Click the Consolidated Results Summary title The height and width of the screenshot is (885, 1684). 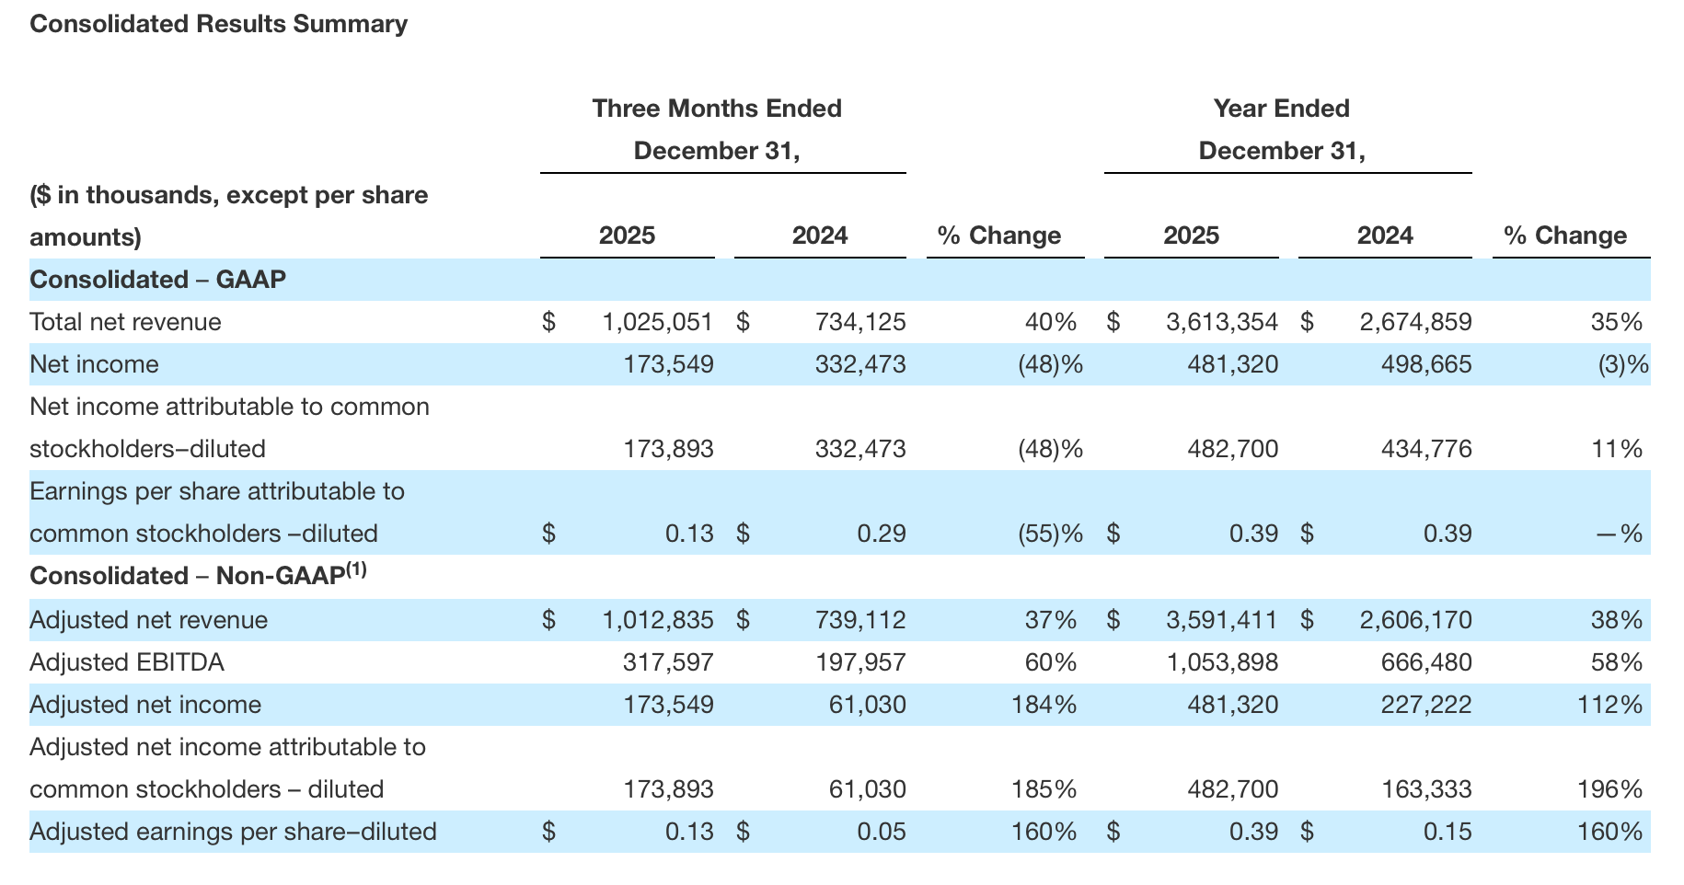pyautogui.click(x=218, y=24)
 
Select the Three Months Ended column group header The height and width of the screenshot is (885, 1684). pyautogui.click(x=717, y=109)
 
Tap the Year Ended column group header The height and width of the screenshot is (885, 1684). pyautogui.click(x=1281, y=109)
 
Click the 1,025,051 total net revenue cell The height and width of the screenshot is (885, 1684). pyautogui.click(x=657, y=322)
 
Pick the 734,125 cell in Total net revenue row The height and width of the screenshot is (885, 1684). pyautogui.click(x=859, y=322)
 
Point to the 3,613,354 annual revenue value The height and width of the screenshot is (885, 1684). pyautogui.click(x=1221, y=322)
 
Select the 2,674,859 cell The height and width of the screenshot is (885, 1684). pyautogui.click(x=1415, y=322)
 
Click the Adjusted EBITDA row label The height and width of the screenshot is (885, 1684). pyautogui.click(x=127, y=662)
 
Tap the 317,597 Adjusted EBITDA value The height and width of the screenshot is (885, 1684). pyautogui.click(x=668, y=662)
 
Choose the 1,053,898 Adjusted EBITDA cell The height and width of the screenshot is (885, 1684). pyautogui.click(x=1221, y=662)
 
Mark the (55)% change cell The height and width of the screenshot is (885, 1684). pyautogui.click(x=1049, y=534)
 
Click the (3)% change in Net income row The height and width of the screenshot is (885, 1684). pyautogui.click(x=1622, y=364)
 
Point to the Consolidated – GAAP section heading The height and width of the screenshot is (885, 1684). pyautogui.click(x=157, y=280)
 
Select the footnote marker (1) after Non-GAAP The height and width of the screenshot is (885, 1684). pyautogui.click(x=356, y=569)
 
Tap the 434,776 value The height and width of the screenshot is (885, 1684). pyautogui.click(x=1425, y=449)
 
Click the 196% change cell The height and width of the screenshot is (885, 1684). pyautogui.click(x=1616, y=789)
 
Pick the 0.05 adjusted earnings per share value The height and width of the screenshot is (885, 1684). pyautogui.click(x=881, y=832)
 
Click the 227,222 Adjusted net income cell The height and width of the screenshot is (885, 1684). pyautogui.click(x=1425, y=705)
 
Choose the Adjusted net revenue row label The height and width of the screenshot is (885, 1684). pyautogui.click(x=148, y=620)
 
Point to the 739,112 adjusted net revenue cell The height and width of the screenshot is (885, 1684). pyautogui.click(x=859, y=620)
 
